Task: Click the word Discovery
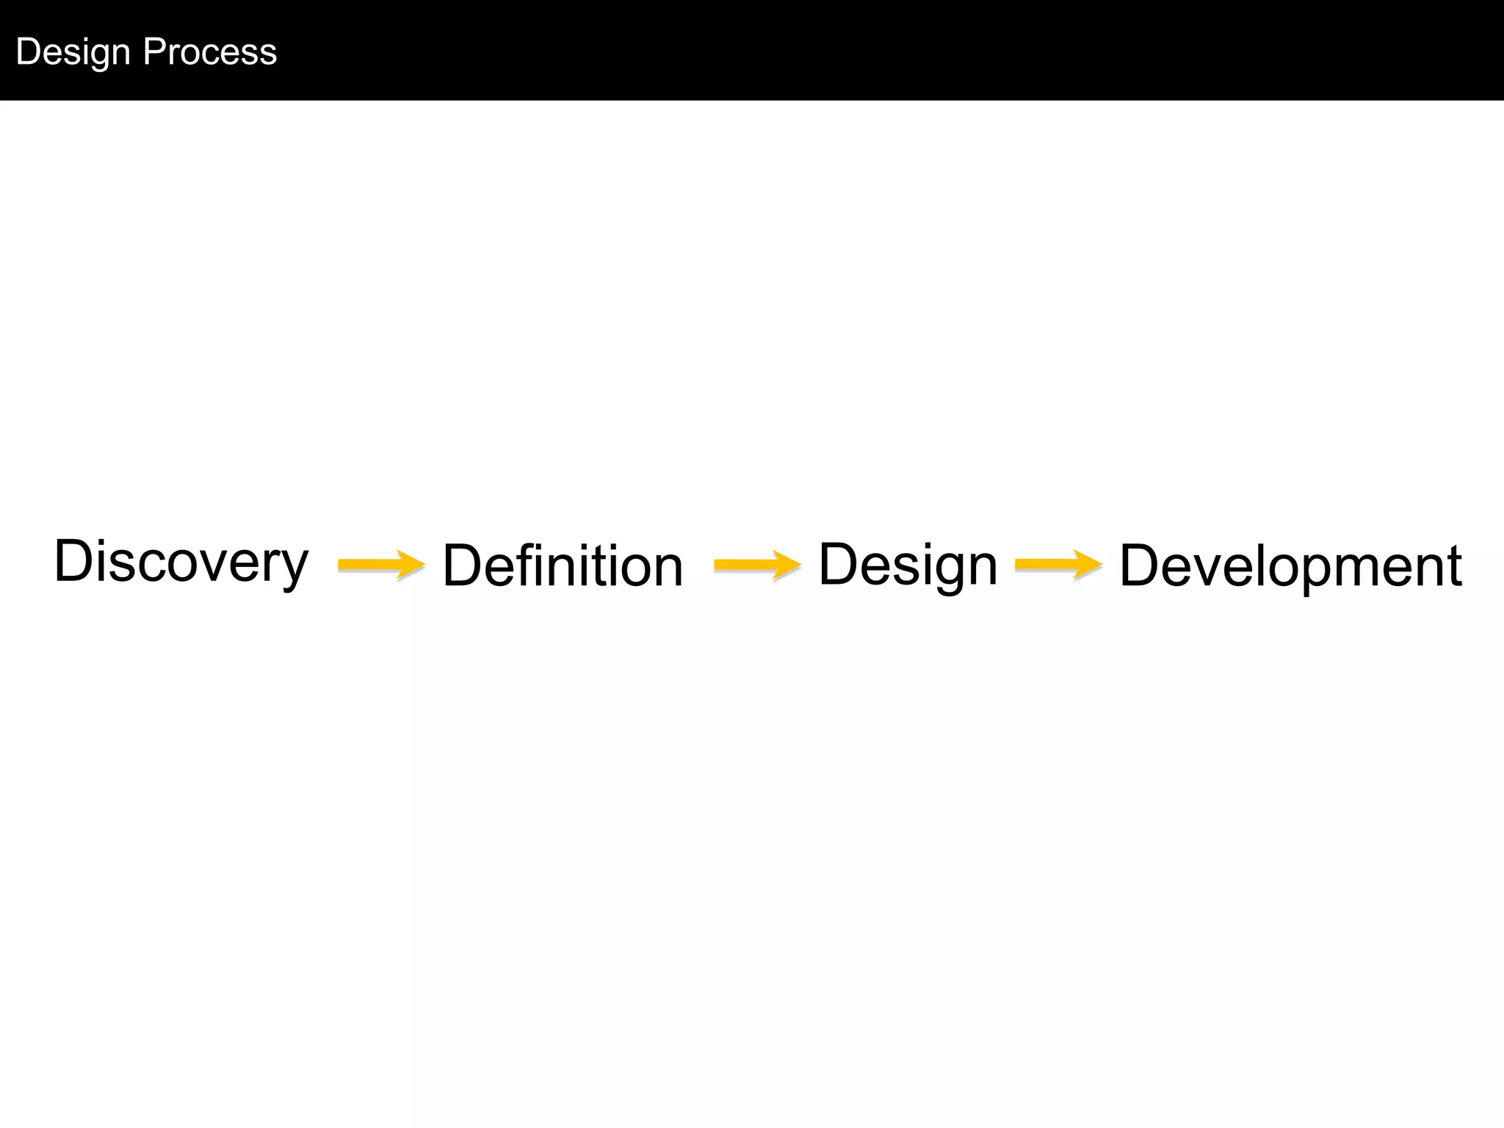pyautogui.click(x=181, y=562)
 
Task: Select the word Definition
pyautogui.click(x=563, y=565)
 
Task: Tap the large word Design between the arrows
pyautogui.click(x=908, y=564)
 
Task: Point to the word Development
pyautogui.click(x=1290, y=565)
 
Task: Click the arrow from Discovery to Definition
pyautogui.click(x=381, y=564)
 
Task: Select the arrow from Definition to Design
pyautogui.click(x=757, y=564)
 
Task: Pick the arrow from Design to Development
pyautogui.click(x=1058, y=564)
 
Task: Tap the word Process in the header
pyautogui.click(x=210, y=51)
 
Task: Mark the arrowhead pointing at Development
pyautogui.click(x=1088, y=564)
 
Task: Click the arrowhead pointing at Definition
pyautogui.click(x=411, y=564)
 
